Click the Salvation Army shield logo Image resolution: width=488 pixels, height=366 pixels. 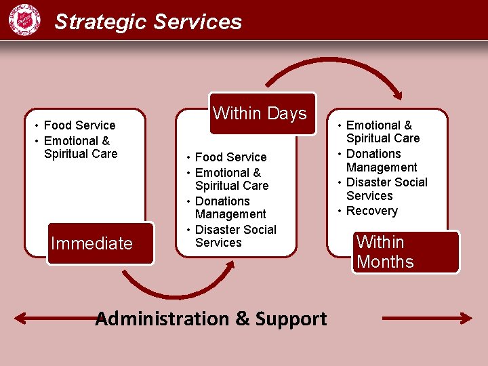24,20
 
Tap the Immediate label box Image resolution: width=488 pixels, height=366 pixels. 92,243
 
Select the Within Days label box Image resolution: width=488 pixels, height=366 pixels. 260,113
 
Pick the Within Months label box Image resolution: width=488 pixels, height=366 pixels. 405,251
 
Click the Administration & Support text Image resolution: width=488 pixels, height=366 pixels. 211,319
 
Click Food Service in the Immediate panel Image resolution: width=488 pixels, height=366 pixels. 79,125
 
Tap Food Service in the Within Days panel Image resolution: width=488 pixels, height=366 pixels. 230,157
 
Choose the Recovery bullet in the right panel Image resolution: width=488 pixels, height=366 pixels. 371,211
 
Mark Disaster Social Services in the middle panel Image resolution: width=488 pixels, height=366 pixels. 235,236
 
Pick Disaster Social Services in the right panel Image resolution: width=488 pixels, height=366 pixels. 386,189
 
